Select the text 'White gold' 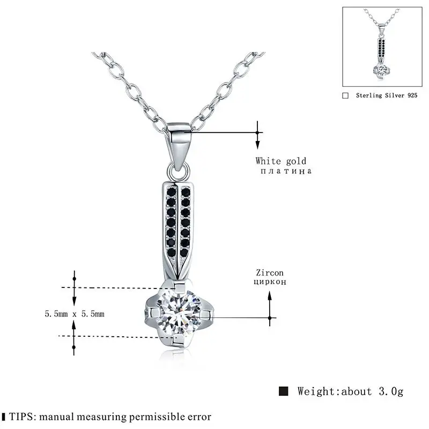click(x=280, y=161)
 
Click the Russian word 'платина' click(x=283, y=172)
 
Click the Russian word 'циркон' click(x=270, y=281)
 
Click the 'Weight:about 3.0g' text click(x=350, y=391)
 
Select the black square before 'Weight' click(x=284, y=391)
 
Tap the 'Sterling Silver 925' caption click(x=384, y=95)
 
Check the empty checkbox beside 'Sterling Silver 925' click(x=345, y=95)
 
